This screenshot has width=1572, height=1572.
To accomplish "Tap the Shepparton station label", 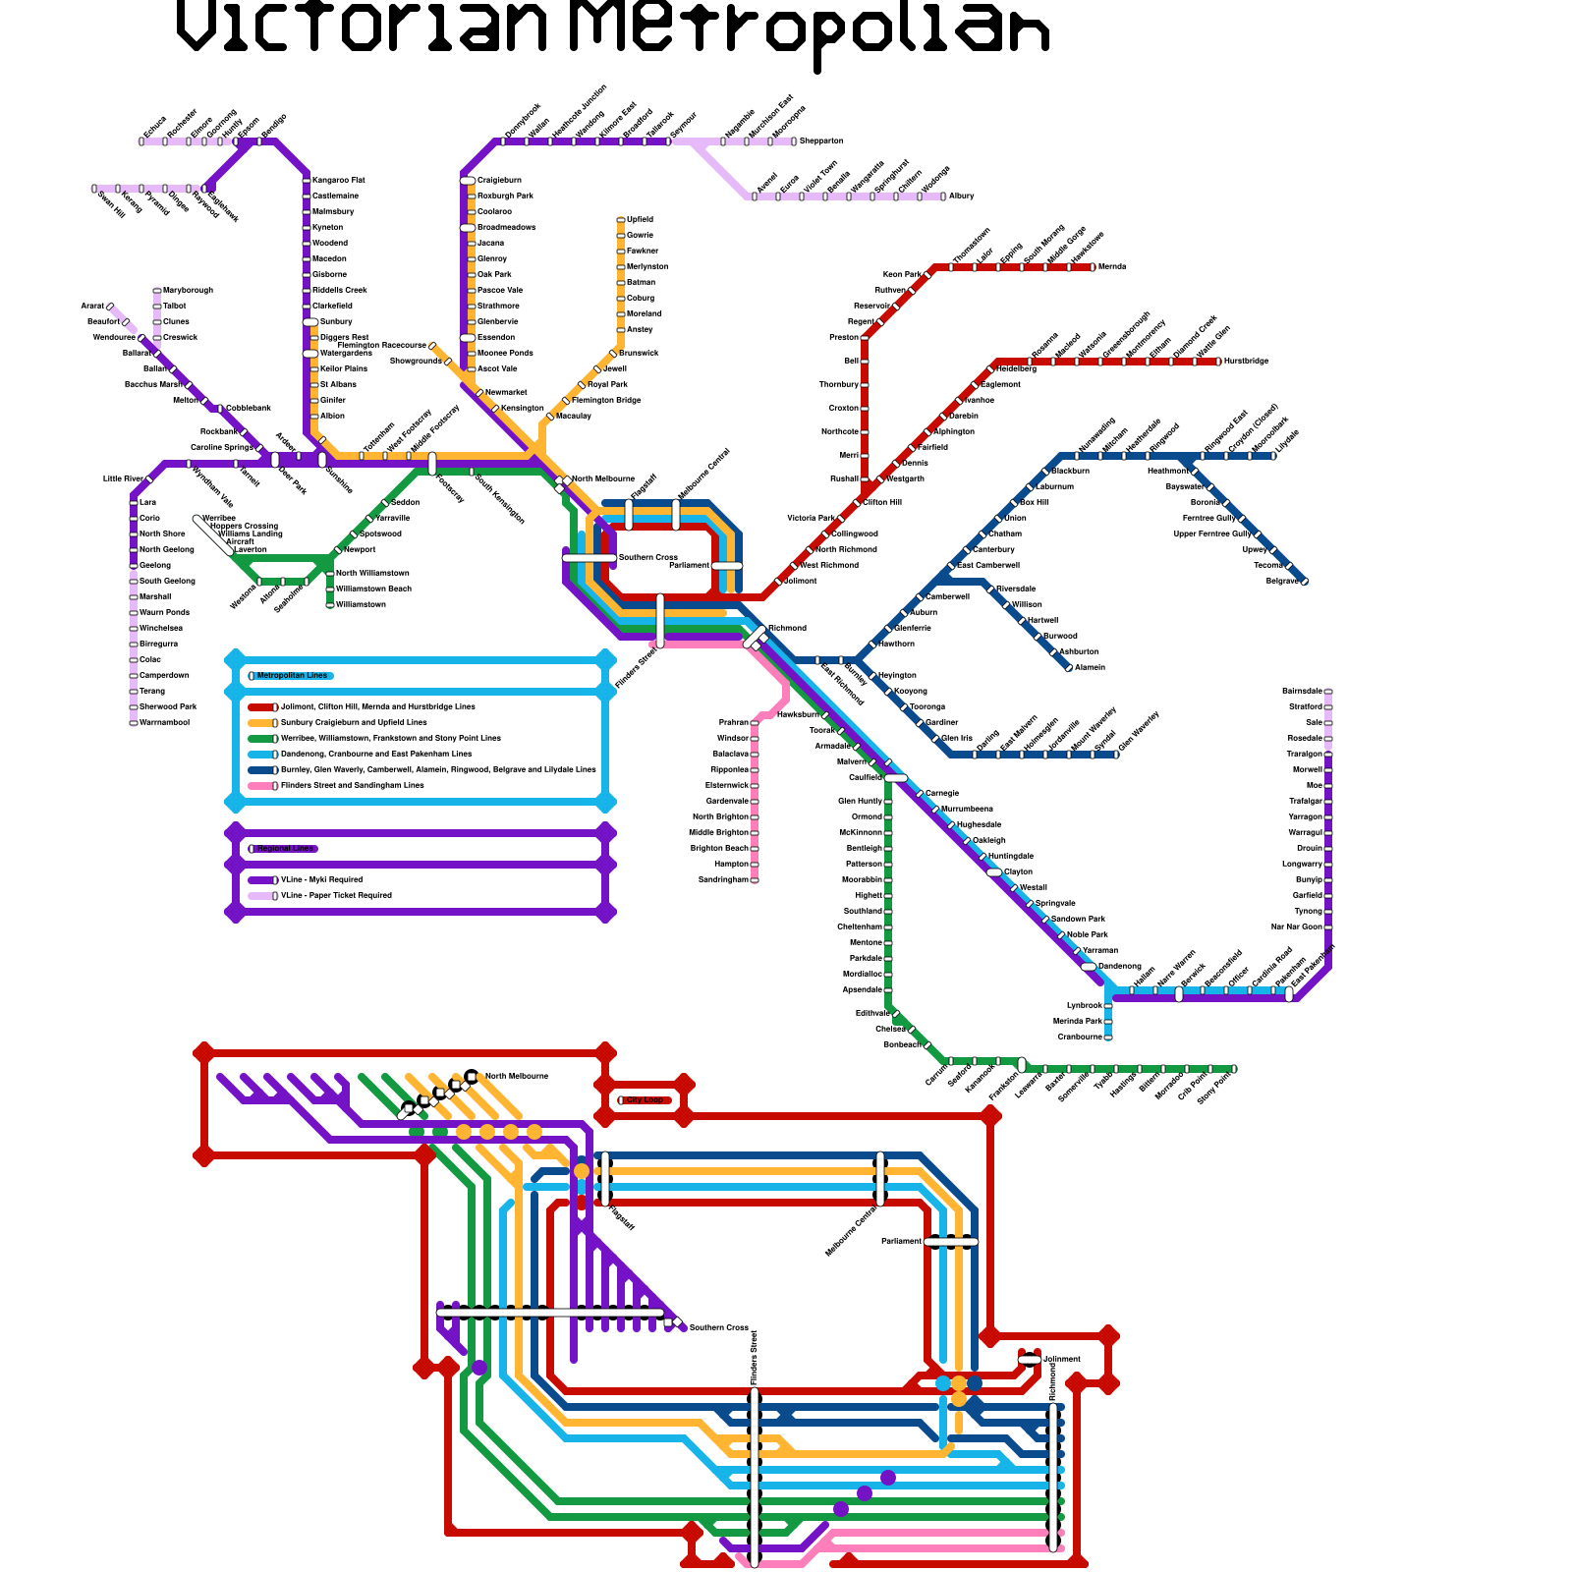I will [x=821, y=141].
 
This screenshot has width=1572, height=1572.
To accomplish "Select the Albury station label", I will [x=962, y=196].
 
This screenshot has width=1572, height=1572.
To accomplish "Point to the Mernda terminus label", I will [x=1112, y=267].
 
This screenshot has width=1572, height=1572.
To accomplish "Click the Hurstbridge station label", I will [x=1247, y=362].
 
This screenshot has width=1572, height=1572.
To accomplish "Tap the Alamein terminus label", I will [x=1091, y=668].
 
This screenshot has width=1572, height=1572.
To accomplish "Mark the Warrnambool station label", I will [x=164, y=723].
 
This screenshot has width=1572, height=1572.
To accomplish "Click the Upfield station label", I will [x=640, y=220].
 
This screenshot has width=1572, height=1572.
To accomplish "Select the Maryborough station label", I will [x=188, y=291].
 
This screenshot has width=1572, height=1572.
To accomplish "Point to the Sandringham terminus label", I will [x=723, y=880].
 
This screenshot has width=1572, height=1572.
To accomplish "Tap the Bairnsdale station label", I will [x=1302, y=692].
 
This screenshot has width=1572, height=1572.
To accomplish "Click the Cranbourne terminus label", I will [x=1080, y=1038].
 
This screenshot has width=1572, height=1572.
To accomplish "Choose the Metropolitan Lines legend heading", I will [x=292, y=676].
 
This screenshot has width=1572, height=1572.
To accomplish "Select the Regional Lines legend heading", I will [x=285, y=849].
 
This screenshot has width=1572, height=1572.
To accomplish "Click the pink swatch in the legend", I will [x=261, y=786].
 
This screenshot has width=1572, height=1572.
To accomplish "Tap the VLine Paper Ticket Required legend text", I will [x=336, y=896].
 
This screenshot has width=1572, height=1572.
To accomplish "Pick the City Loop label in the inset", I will [x=644, y=1100].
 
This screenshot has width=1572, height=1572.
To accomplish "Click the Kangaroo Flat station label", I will [x=338, y=181].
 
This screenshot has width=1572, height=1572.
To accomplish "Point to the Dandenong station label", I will [x=1120, y=967].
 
